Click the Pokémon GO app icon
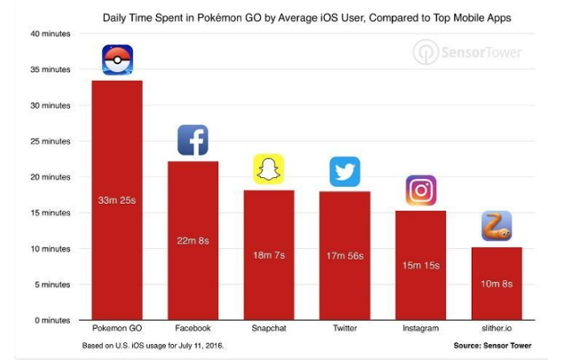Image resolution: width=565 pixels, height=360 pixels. coord(117,60)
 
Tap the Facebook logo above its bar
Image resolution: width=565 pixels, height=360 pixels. coord(192,140)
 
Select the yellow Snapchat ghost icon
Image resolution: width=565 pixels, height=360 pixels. coord(269,168)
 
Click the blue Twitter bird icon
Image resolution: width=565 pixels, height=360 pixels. coord(345,171)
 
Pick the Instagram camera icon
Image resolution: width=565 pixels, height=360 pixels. coord(420,191)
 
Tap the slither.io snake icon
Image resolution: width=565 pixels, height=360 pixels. coord(497,226)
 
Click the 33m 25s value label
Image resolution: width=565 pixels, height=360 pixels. coord(117,200)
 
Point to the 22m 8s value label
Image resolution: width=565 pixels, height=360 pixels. coord(192,240)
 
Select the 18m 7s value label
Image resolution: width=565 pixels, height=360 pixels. coord(269,255)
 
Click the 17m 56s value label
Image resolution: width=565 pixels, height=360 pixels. coord(345,256)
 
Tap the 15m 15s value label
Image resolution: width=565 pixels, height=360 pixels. coord(420,265)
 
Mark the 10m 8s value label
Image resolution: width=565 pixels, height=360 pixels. coord(497,284)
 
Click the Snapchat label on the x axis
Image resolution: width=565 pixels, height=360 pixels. coord(269,328)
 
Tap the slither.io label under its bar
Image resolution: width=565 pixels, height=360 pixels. coord(497,328)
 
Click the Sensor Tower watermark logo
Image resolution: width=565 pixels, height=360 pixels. coord(467,52)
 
